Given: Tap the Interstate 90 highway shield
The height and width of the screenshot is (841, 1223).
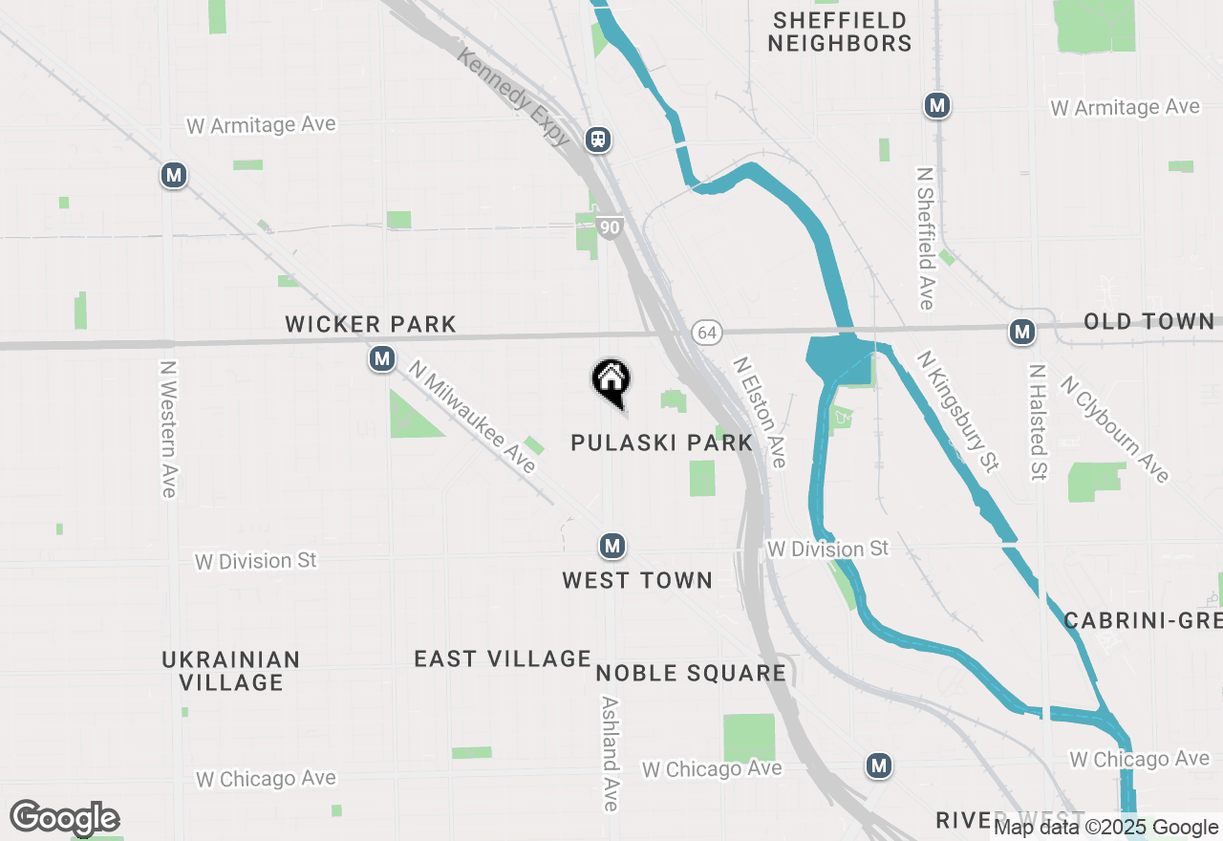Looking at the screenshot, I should point(611,227).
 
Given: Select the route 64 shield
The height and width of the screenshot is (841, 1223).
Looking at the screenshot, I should point(706,333).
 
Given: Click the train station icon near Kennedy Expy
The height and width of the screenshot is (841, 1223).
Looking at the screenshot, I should point(599,140).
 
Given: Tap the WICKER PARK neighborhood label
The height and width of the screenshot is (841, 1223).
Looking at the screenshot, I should point(371,325).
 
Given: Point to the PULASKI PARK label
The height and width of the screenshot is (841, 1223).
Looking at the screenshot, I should point(661,442).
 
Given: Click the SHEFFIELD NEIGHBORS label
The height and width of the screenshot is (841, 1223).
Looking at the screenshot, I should point(840,32).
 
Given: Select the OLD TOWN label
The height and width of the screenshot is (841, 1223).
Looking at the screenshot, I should point(1148,322).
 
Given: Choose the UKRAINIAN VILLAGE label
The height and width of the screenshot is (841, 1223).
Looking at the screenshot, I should point(230,671).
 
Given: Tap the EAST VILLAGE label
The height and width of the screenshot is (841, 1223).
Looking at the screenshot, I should point(503,658).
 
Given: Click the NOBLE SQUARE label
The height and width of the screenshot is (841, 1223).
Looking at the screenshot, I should point(691,673).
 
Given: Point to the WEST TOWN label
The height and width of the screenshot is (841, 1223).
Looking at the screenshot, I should point(637,580).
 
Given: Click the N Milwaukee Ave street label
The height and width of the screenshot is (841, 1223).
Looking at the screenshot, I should point(473,416).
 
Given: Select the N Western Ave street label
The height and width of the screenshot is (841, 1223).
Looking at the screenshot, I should point(169,428).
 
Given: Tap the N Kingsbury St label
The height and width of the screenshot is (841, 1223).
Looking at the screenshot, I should point(957,411).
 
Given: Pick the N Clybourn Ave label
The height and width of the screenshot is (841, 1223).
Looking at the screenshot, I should point(1114,429).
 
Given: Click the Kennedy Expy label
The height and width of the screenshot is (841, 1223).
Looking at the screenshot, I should point(514,97).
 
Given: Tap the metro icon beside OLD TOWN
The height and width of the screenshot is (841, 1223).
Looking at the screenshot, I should point(1022,333).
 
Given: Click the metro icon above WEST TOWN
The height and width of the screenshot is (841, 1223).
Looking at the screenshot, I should point(612,547).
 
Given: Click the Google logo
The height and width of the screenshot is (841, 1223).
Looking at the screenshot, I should point(64,818).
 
